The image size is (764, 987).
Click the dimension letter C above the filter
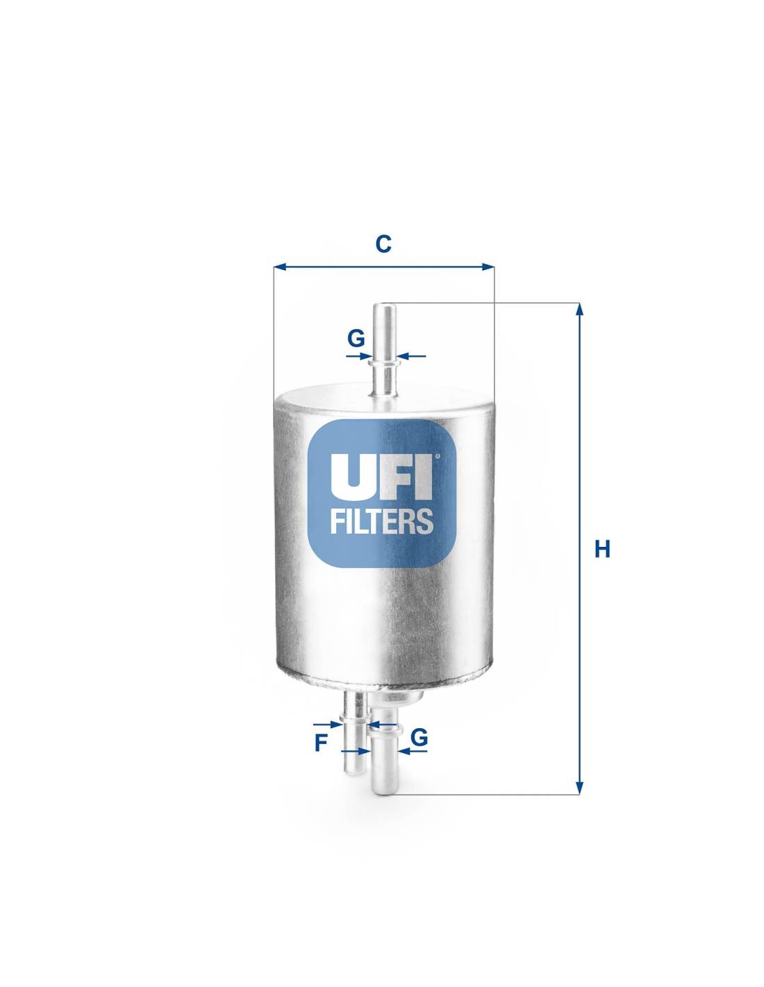tap(383, 244)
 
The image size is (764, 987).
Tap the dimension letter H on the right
tap(603, 550)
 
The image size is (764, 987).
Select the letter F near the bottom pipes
tap(322, 743)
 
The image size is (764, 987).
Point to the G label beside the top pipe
tap(356, 338)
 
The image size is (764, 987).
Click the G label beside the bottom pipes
tap(419, 738)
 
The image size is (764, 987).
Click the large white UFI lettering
tap(381, 476)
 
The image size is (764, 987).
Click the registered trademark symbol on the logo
tap(438, 456)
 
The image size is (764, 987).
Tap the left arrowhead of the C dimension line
tap(279, 267)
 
